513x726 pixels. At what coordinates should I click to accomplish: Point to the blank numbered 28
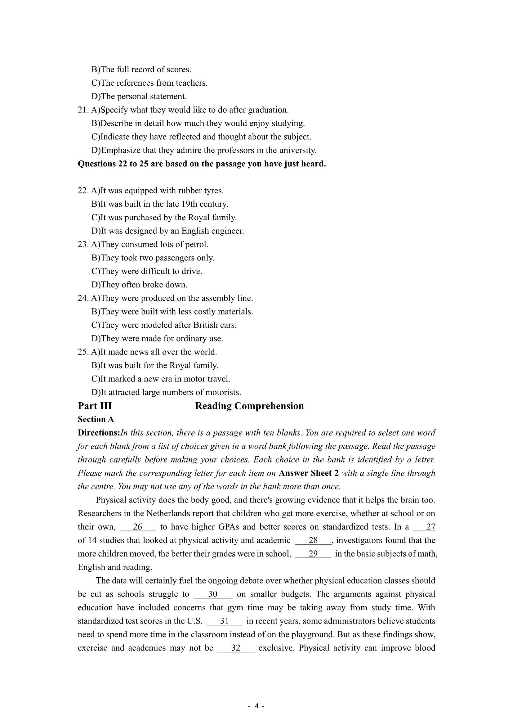313,540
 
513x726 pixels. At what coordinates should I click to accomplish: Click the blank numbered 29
313,554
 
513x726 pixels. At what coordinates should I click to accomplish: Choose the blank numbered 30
212,594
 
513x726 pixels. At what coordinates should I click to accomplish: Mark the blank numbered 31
224,621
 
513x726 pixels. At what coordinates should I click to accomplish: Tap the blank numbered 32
236,648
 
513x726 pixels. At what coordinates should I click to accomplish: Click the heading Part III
95,406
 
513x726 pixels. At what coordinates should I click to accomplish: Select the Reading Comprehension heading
249,406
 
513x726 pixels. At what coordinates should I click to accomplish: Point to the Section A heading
96,419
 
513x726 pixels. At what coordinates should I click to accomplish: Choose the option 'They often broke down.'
139,285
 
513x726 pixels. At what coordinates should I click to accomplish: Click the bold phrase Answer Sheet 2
309,473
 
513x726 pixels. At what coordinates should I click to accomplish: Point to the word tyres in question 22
213,191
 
